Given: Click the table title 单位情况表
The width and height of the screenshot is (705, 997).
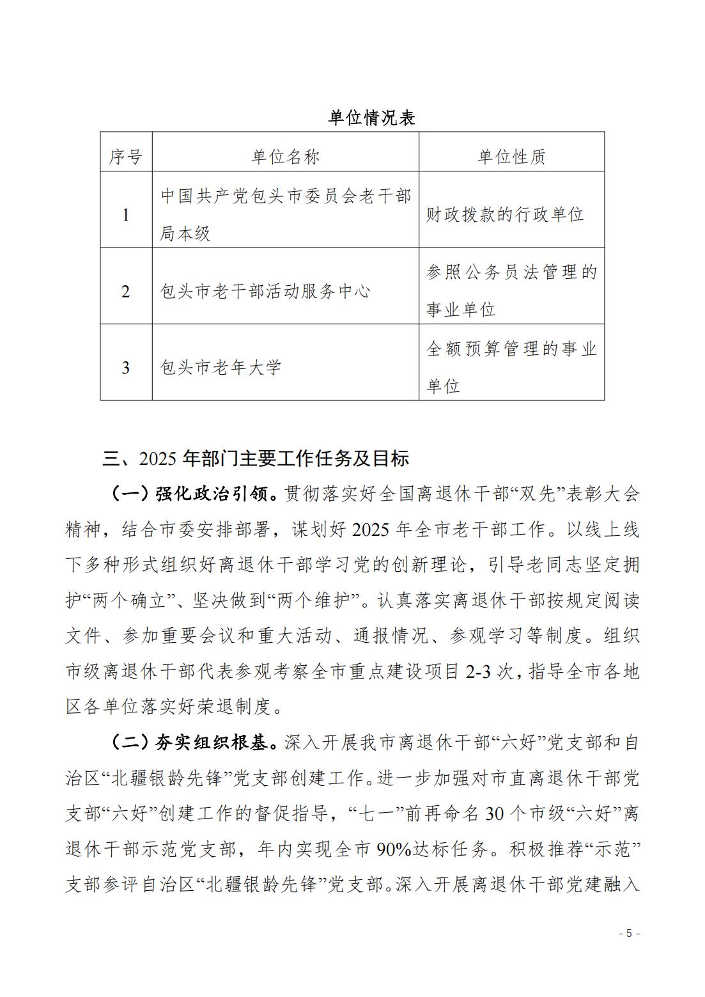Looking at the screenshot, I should pyautogui.click(x=371, y=118).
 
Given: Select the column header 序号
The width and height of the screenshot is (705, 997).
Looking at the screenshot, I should pyautogui.click(x=125, y=157).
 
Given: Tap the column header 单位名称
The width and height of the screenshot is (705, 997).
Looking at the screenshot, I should pyautogui.click(x=285, y=157).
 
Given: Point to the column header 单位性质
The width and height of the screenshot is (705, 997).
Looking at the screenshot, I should pyautogui.click(x=511, y=157).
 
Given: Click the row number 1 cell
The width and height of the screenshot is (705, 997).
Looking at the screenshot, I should pyautogui.click(x=125, y=215).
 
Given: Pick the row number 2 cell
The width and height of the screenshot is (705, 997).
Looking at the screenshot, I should pyautogui.click(x=125, y=292).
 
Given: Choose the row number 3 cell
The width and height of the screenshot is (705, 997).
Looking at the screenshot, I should pyautogui.click(x=125, y=368).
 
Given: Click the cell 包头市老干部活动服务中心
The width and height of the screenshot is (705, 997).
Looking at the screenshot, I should pyautogui.click(x=265, y=292).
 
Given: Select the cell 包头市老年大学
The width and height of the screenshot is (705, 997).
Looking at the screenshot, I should pyautogui.click(x=221, y=368).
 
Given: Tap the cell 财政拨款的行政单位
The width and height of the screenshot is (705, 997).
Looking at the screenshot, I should pyautogui.click(x=505, y=215).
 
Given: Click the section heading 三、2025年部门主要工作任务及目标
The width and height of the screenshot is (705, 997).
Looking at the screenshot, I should pyautogui.click(x=256, y=459).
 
